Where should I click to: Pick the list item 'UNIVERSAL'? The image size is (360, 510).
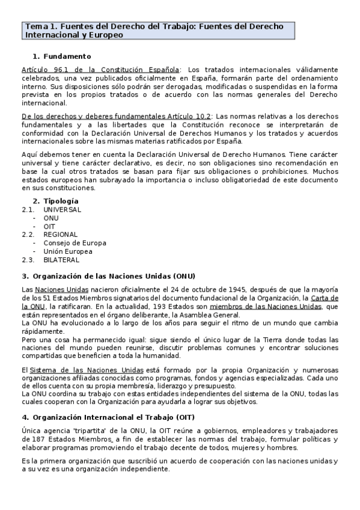pos(62,209)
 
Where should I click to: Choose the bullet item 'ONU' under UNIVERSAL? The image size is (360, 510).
pos(51,218)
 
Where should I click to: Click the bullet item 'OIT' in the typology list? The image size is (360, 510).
pos(50,226)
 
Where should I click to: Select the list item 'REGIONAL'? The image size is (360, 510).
pos(60,235)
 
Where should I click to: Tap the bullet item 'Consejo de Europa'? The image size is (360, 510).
pos(75,243)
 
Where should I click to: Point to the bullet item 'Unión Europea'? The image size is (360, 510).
pos(67,251)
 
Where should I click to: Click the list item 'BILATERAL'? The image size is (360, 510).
pos(61,260)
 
